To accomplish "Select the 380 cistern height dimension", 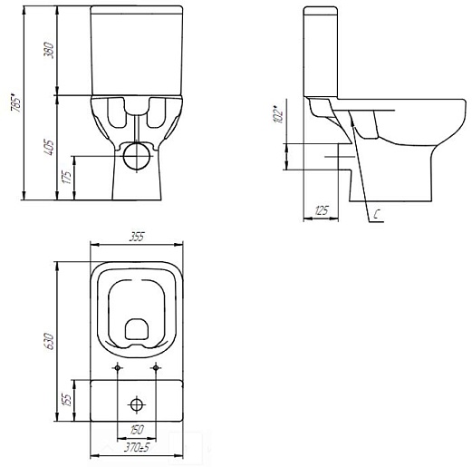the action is pyautogui.click(x=49, y=51).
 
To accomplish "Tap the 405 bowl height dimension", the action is pyautogui.click(x=49, y=147).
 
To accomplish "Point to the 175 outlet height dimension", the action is pyautogui.click(x=67, y=177).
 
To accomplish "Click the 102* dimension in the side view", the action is pyautogui.click(x=278, y=114).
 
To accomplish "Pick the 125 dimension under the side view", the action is pyautogui.click(x=321, y=210).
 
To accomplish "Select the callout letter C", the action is pyautogui.click(x=376, y=215).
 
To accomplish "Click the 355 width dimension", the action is pyautogui.click(x=138, y=237).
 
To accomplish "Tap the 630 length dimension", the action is pyautogui.click(x=49, y=342).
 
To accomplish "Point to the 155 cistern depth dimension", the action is pyautogui.click(x=67, y=400).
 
